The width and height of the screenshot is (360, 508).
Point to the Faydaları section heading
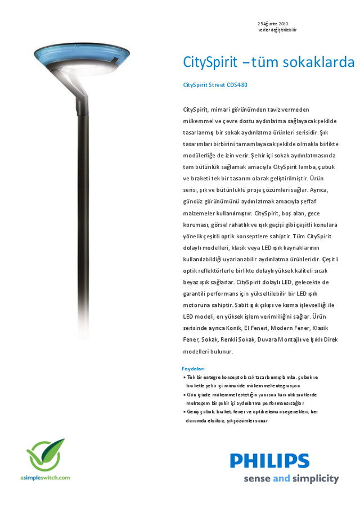pyautogui.click(x=195, y=369)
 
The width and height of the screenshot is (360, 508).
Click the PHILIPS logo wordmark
pyautogui.click(x=269, y=461)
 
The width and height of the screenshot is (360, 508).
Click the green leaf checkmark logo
pyautogui.click(x=46, y=455)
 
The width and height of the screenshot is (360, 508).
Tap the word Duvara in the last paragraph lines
pyautogui.click(x=260, y=339)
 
